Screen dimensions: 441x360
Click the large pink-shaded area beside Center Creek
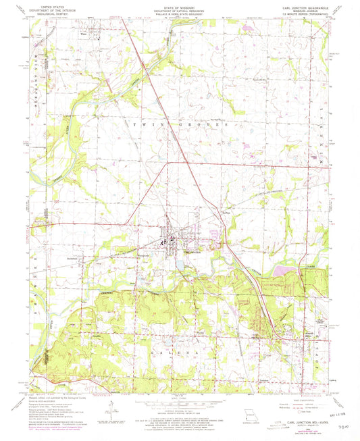click(x=286, y=272)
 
